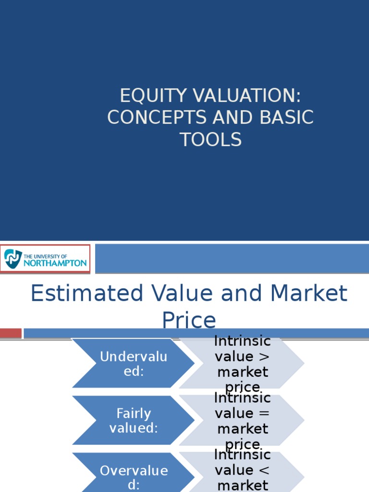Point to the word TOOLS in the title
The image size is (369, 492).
(x=210, y=140)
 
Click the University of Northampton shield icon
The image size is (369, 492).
(x=13, y=258)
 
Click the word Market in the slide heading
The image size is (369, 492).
(x=308, y=294)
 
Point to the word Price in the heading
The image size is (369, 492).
(x=189, y=320)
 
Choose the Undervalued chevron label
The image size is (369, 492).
(x=134, y=364)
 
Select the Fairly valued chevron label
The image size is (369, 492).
(x=134, y=420)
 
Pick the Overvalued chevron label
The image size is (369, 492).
(x=134, y=477)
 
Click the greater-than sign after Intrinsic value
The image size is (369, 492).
(x=264, y=357)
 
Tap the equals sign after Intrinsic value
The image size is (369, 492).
(x=264, y=414)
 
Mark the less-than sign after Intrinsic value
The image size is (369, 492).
(x=264, y=470)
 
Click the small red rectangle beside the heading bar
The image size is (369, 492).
(x=11, y=333)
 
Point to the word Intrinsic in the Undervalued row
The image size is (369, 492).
(x=242, y=342)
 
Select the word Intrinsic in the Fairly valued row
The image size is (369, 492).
(x=242, y=398)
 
